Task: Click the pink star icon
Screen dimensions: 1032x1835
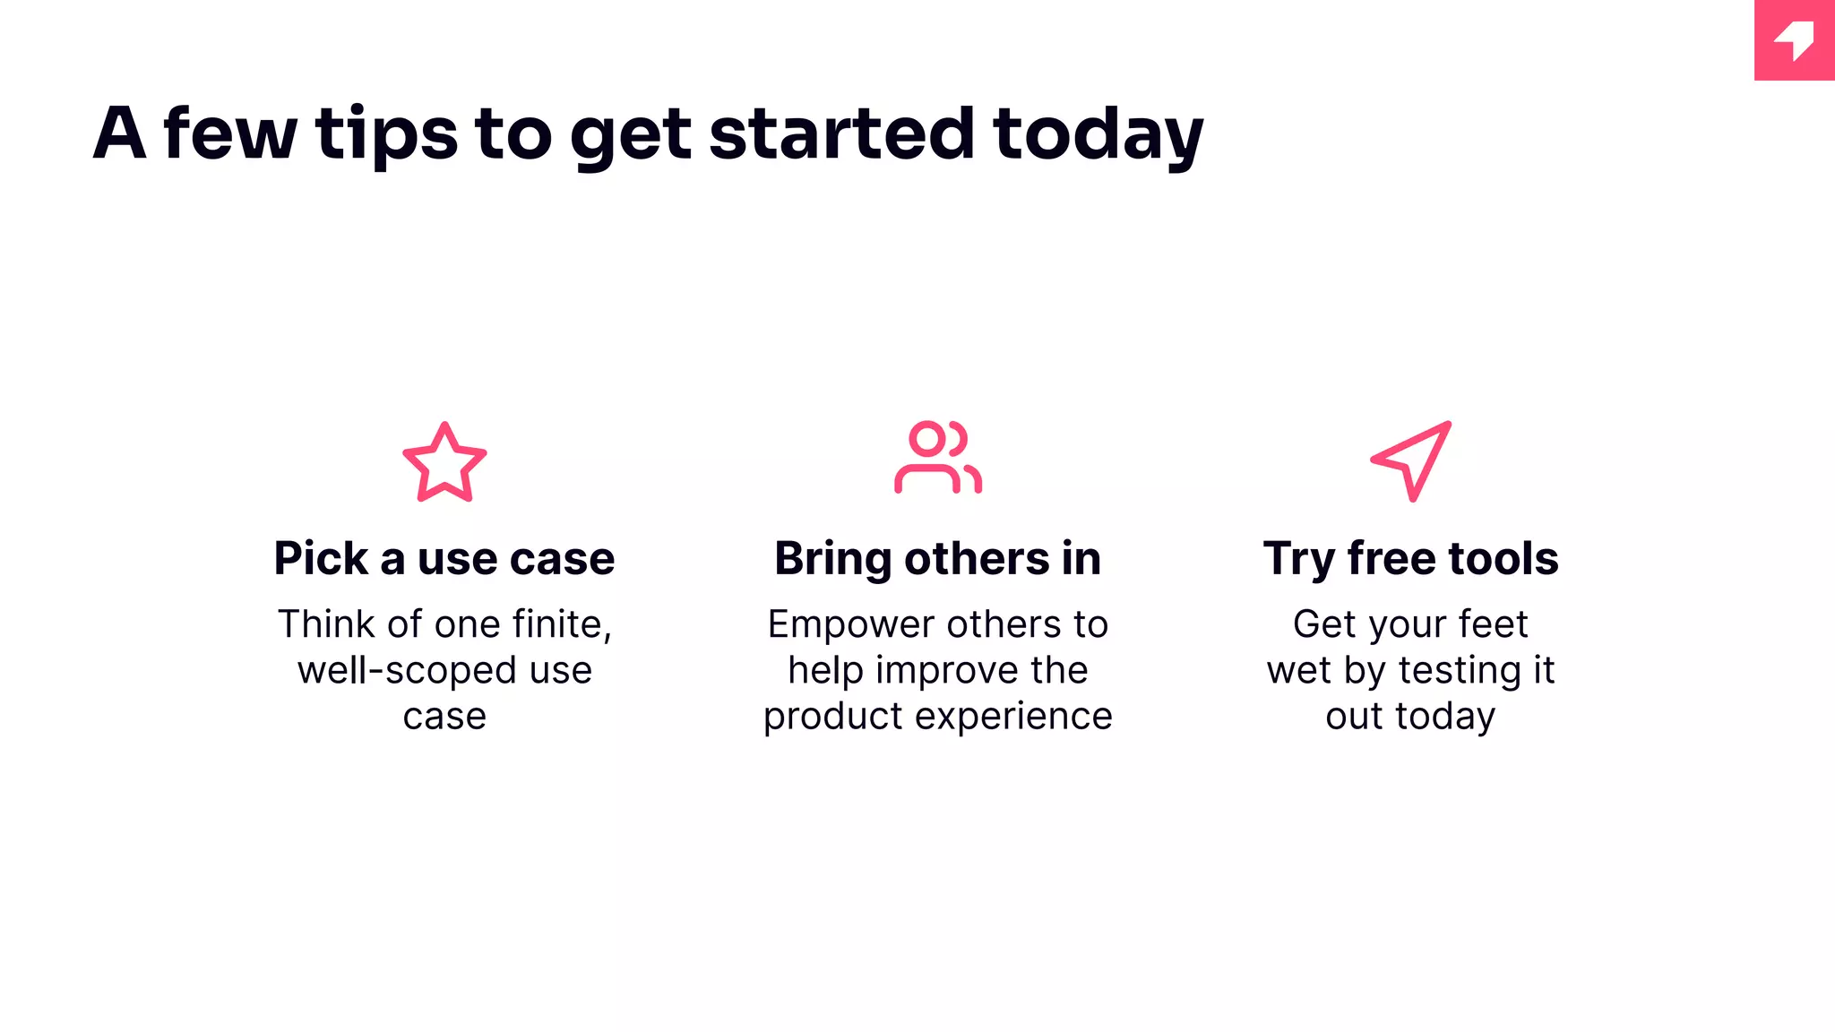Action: tap(444, 463)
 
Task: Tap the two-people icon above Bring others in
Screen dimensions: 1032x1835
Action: tap(937, 457)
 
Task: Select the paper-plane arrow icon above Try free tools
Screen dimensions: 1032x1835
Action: tap(1411, 460)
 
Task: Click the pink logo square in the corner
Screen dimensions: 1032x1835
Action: tap(1794, 40)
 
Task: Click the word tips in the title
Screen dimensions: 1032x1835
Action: tap(386, 134)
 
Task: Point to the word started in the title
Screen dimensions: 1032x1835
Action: tap(841, 134)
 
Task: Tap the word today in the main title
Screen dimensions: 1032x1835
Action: tap(1098, 134)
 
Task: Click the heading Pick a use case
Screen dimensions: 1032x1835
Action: tap(444, 558)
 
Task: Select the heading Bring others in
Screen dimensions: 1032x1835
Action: tap(937, 558)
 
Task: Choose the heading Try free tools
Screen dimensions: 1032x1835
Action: tap(1410, 558)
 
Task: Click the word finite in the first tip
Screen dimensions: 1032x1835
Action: tap(562, 624)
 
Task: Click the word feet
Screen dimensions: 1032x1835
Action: tap(1492, 624)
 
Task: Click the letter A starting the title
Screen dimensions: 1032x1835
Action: tap(120, 134)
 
